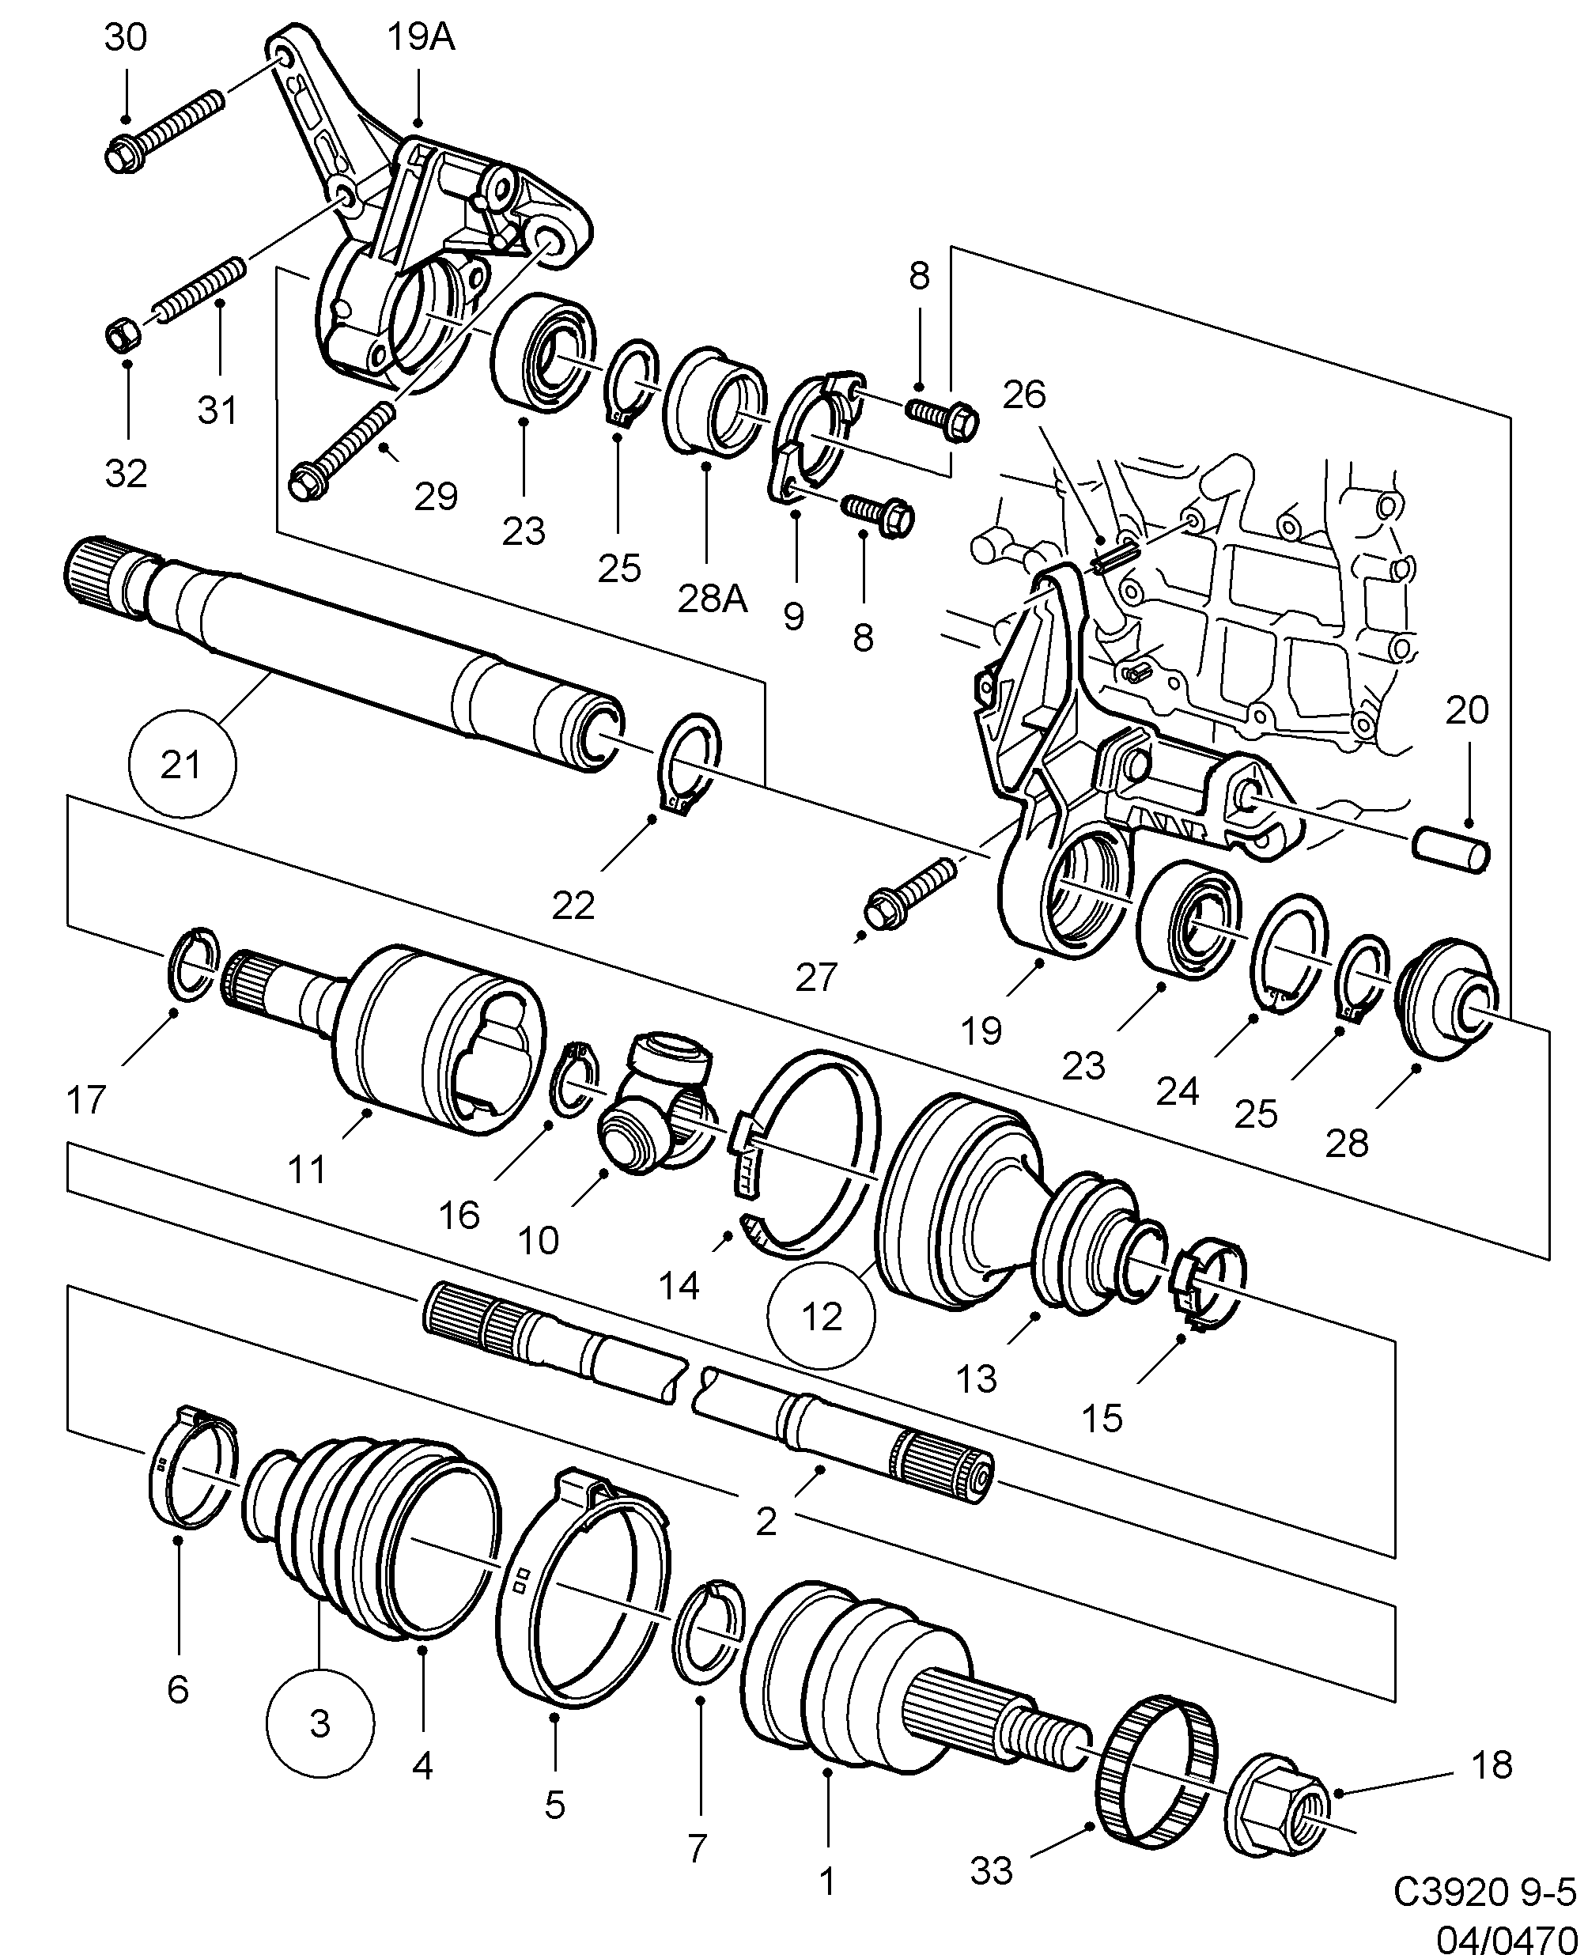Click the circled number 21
coord(181,764)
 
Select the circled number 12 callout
coord(821,1317)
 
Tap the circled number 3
coord(320,1723)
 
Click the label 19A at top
coord(420,39)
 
